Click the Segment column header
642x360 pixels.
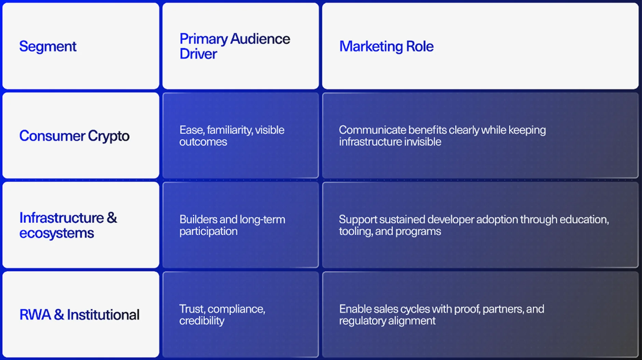click(48, 46)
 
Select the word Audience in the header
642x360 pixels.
click(260, 39)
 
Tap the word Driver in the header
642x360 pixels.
click(198, 54)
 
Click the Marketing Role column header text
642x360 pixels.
click(386, 46)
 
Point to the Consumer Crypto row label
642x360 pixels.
click(74, 136)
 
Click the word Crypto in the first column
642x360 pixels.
click(109, 136)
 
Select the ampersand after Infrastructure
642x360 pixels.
click(112, 218)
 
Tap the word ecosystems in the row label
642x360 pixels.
click(56, 233)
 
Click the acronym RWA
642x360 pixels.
click(35, 315)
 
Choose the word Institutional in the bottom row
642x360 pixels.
click(103, 315)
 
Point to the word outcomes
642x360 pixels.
click(203, 142)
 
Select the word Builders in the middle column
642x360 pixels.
click(198, 219)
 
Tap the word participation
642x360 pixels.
click(208, 231)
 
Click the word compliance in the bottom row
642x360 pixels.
click(236, 309)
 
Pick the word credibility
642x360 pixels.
click(201, 321)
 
